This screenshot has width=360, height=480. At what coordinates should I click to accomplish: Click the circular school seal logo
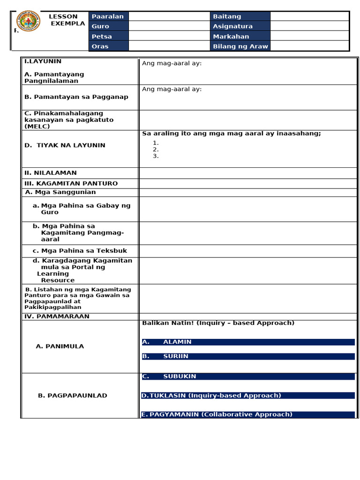(29, 21)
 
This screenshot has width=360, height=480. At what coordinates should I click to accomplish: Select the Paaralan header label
(108, 16)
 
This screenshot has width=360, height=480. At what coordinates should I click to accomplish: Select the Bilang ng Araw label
(240, 46)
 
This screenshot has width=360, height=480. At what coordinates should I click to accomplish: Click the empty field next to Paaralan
(169, 16)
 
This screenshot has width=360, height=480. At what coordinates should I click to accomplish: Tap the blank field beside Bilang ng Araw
(309, 46)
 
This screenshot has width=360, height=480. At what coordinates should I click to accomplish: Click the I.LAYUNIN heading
(43, 61)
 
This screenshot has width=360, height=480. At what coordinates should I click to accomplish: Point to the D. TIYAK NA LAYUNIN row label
(65, 145)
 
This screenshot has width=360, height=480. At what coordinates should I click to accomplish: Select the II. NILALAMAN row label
(50, 173)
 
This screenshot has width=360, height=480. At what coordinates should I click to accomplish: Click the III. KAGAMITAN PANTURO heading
(71, 183)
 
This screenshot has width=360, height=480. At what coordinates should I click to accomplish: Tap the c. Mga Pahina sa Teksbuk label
(80, 251)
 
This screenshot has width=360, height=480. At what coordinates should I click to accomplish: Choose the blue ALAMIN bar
(248, 342)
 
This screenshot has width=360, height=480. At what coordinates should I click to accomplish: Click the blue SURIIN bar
(248, 356)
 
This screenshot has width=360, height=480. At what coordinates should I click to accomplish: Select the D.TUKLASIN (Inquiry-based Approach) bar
(248, 396)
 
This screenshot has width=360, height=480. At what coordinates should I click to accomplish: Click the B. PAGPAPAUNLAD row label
(72, 396)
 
